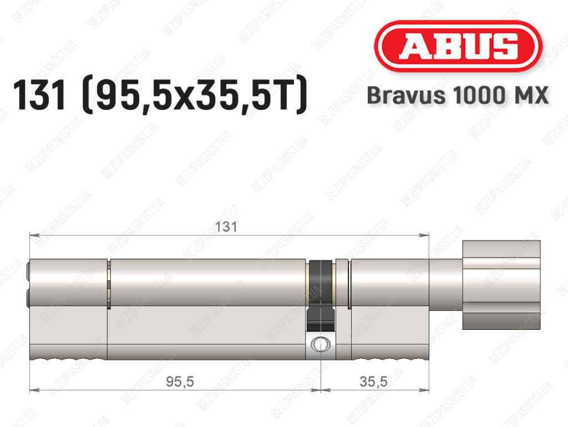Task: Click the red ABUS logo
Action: (458, 47)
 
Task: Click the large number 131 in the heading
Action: (40, 95)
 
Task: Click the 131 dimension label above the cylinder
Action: (226, 227)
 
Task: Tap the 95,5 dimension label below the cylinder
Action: (180, 381)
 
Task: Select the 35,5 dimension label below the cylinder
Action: (373, 381)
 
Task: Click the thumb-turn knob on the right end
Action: (501, 284)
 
